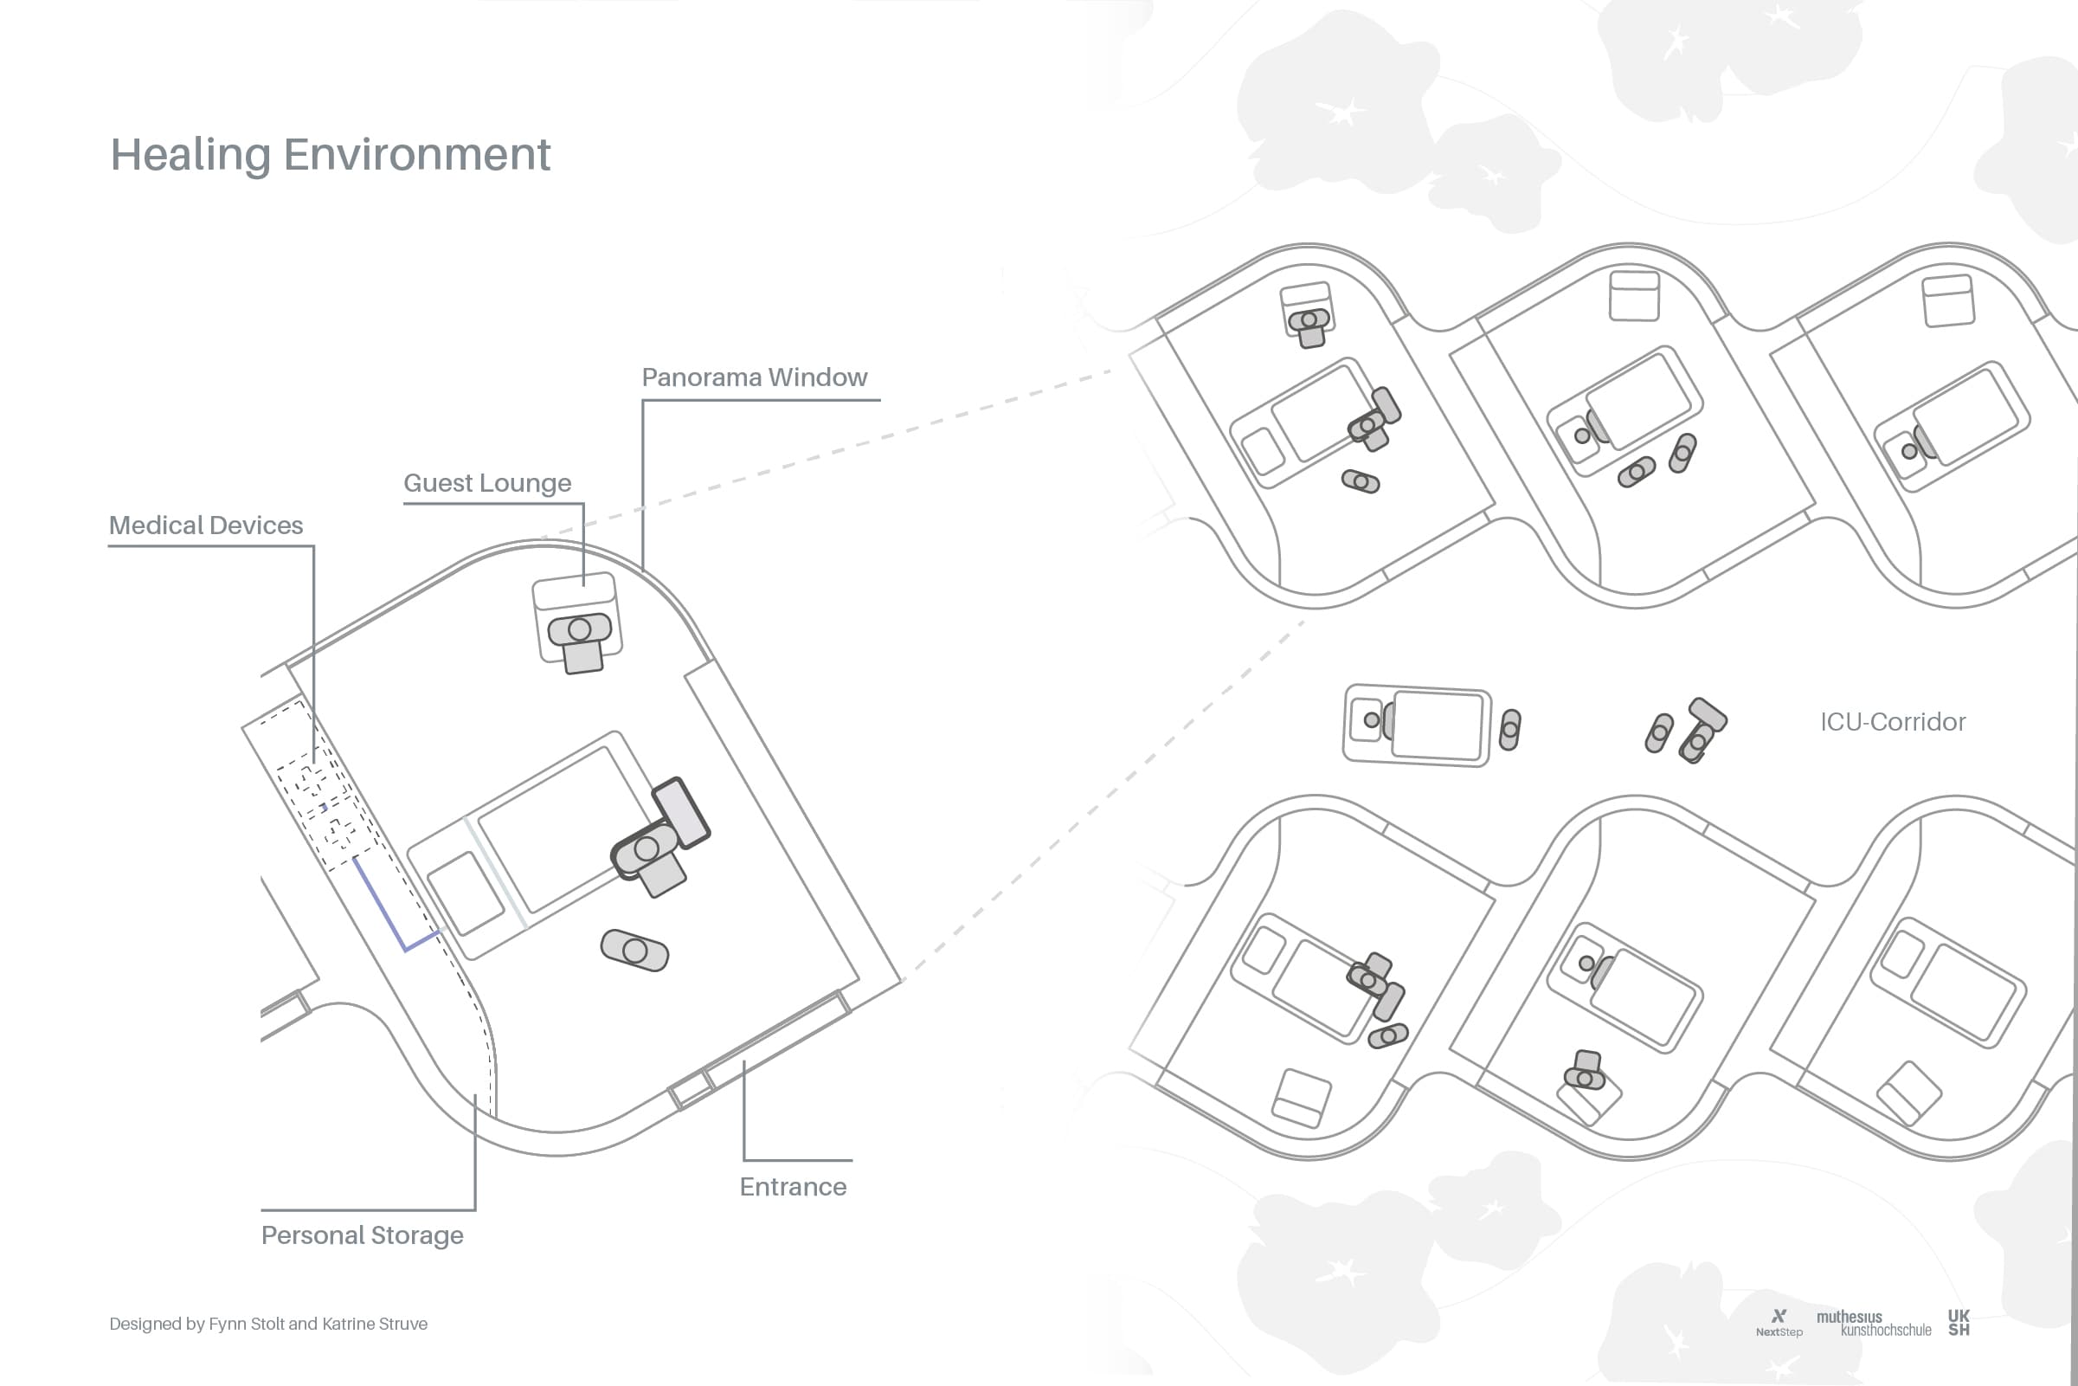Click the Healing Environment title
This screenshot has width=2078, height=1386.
(330, 155)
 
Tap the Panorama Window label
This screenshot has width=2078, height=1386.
(754, 377)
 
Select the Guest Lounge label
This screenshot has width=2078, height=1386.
(486, 484)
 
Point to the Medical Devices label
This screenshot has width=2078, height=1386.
(206, 526)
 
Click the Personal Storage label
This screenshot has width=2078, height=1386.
(363, 1235)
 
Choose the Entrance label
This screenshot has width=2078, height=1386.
(793, 1186)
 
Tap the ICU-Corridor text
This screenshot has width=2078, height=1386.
(1893, 722)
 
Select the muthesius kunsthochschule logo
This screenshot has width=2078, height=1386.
(1873, 1324)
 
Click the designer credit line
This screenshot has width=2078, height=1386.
(267, 1324)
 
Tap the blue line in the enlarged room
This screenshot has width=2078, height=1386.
(389, 911)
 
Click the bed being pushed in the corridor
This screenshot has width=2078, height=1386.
(1416, 725)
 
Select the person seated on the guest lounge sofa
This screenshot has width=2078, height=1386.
(580, 630)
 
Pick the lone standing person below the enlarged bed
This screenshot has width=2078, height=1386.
(634, 951)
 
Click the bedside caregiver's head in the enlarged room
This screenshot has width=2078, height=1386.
(647, 848)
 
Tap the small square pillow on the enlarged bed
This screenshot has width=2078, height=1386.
(466, 893)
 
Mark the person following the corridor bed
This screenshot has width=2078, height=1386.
(1510, 730)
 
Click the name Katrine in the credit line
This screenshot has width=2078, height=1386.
(346, 1324)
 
